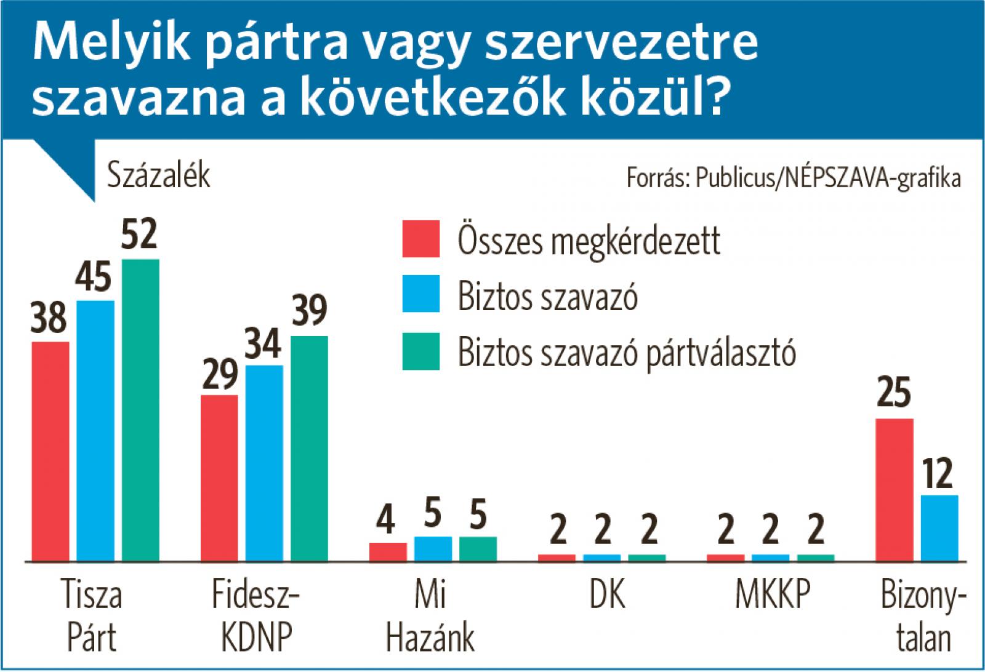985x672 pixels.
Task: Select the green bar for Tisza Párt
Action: click(140, 410)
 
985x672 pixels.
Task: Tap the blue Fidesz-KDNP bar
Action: click(264, 463)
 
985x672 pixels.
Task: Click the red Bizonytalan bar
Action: click(894, 490)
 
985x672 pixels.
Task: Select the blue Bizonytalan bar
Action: click(939, 528)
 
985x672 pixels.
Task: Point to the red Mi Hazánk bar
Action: click(388, 551)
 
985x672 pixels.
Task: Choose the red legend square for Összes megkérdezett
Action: click(421, 238)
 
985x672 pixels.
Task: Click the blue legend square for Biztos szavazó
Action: click(421, 294)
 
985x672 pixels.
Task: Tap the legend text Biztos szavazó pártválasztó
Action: click(627, 352)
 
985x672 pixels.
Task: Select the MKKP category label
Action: click(772, 595)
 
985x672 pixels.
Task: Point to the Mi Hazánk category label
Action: click(431, 615)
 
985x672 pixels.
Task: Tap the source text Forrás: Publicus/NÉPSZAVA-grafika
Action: click(794, 178)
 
